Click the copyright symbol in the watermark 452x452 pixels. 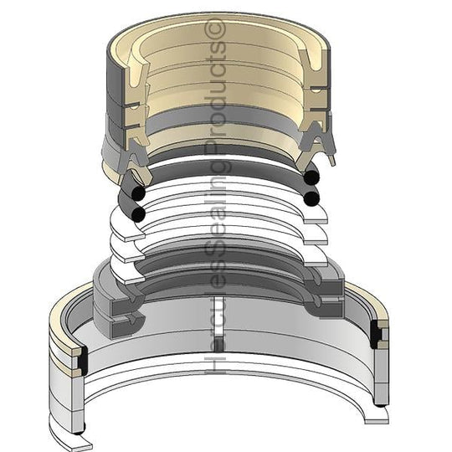pos(215,28)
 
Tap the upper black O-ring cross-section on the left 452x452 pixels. pos(138,193)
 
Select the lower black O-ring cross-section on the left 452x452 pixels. pos(138,214)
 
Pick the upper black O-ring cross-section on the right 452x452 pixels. pos(312,176)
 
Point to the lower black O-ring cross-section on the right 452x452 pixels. pos(312,198)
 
